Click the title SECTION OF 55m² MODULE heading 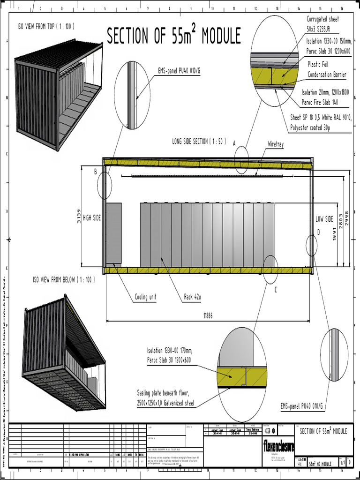pyautogui.click(x=173, y=37)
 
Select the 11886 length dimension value pyautogui.click(x=208, y=316)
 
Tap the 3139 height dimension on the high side pyautogui.click(x=79, y=216)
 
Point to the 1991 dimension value pyautogui.click(x=335, y=234)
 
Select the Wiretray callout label pyautogui.click(x=276, y=144)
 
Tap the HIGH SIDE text pyautogui.click(x=92, y=218)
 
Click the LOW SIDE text pyautogui.click(x=324, y=219)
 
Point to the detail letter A pyautogui.click(x=234, y=144)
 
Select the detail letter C pyautogui.click(x=276, y=290)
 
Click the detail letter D pyautogui.click(x=318, y=232)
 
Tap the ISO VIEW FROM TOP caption pyautogui.click(x=45, y=26)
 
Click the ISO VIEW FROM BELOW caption pyautogui.click(x=64, y=280)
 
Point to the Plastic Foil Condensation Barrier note pyautogui.click(x=326, y=69)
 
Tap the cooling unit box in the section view pyautogui.click(x=113, y=234)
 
